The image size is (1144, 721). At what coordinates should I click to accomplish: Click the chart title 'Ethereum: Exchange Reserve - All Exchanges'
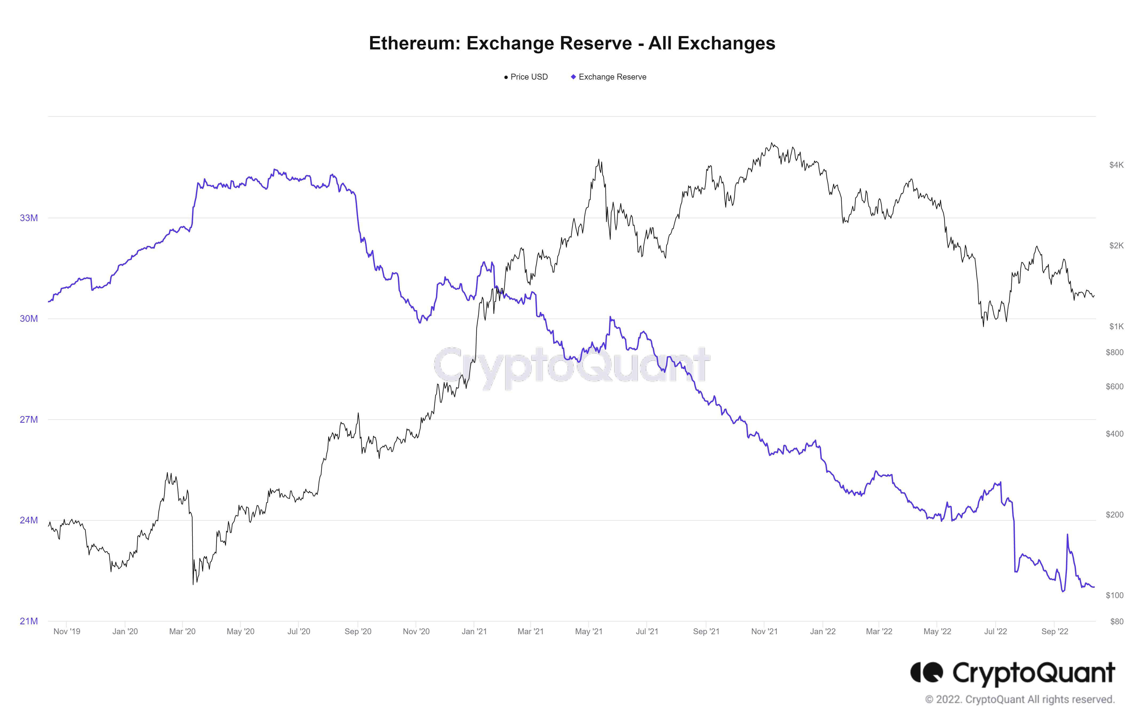click(x=572, y=43)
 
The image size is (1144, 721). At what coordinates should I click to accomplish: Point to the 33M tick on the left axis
click(x=29, y=218)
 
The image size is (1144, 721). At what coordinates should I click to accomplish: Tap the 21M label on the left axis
click(x=29, y=621)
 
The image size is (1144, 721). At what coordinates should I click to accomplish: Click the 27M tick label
click(x=29, y=420)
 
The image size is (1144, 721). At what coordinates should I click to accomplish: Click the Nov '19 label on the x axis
click(x=67, y=632)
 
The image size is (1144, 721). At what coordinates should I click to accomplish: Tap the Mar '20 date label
click(x=183, y=632)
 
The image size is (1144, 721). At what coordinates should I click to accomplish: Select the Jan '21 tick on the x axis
click(x=474, y=632)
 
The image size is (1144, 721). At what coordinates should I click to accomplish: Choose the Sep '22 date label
click(x=1055, y=632)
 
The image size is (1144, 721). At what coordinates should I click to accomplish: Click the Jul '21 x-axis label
click(x=647, y=632)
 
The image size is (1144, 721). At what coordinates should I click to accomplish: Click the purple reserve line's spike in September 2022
click(x=1067, y=535)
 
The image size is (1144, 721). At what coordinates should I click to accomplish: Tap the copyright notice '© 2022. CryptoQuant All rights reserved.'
click(x=1020, y=700)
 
